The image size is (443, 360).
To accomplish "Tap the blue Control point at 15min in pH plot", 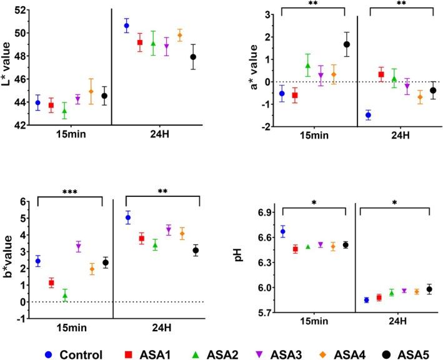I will click(x=282, y=232).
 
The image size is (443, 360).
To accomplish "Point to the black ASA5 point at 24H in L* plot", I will click(x=193, y=57).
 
